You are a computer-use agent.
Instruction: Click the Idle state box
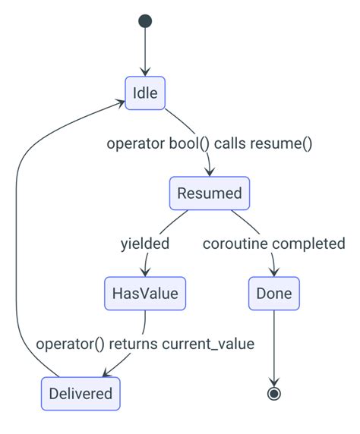point(145,93)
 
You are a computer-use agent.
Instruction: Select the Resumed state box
point(209,193)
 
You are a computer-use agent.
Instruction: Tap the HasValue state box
point(144,293)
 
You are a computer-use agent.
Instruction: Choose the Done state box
point(274,293)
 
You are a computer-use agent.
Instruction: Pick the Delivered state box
point(80,393)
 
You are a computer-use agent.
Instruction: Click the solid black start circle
point(145,21)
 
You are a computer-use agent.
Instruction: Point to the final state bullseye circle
point(274,393)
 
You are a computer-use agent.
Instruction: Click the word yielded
point(144,244)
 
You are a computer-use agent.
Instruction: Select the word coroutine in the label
point(235,244)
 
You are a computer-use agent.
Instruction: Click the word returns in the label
point(134,344)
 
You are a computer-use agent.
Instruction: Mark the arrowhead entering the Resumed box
point(209,172)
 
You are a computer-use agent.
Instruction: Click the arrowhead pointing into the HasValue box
point(144,272)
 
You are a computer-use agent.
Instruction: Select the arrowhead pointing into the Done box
point(274,272)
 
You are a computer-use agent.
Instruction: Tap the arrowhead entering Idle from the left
point(121,101)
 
